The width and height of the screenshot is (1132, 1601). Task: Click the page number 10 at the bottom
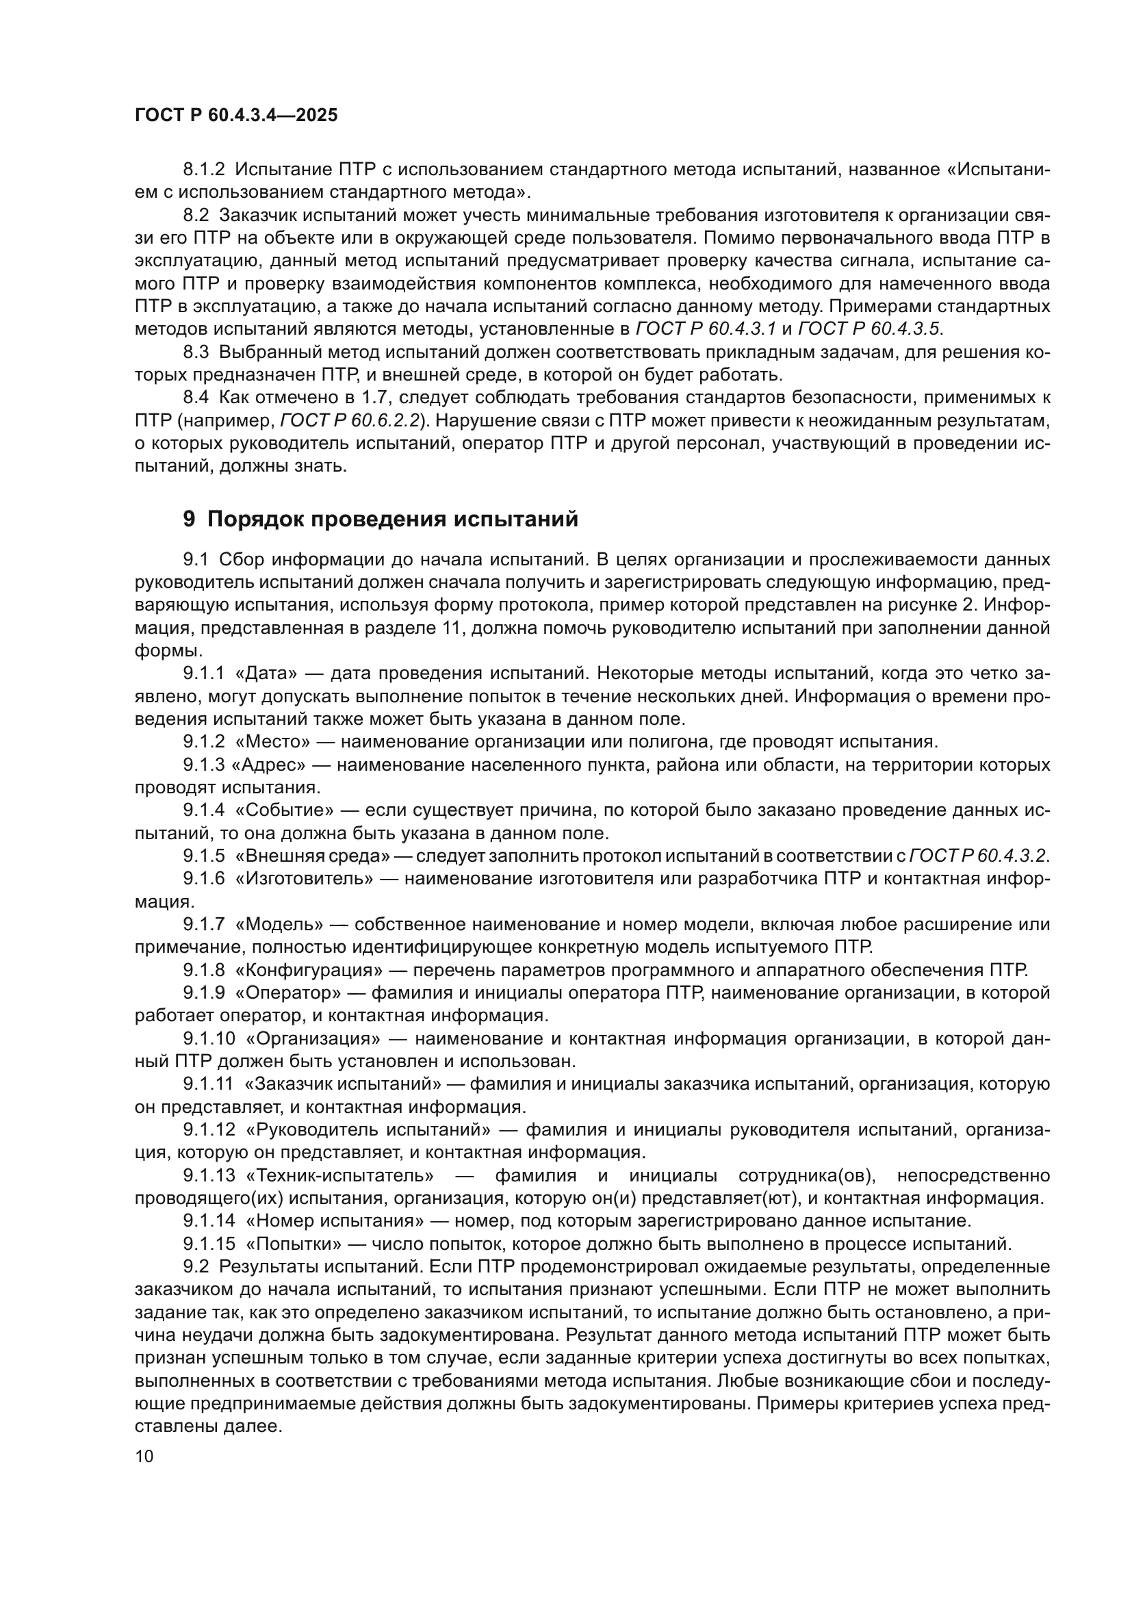pos(144,1456)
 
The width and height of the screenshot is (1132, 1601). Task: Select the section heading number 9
pos(189,520)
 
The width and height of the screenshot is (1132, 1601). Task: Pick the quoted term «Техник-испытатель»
pos(340,1176)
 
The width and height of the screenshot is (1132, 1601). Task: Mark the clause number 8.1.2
pos(203,170)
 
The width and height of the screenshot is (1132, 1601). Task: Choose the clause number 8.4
pos(196,398)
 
